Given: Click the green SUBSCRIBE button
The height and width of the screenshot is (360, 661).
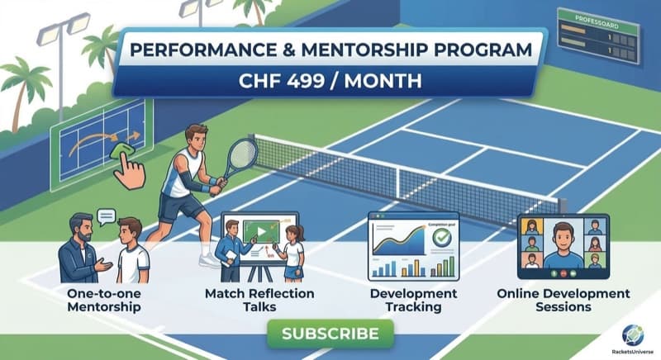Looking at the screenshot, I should click(x=330, y=334).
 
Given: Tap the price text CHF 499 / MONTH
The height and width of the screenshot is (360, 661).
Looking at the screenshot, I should click(x=330, y=83).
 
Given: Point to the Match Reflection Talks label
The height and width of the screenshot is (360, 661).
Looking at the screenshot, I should click(x=248, y=301).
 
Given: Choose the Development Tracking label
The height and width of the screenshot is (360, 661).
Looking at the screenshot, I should click(x=413, y=301).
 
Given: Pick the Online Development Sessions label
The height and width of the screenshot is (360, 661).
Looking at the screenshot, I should click(x=562, y=301).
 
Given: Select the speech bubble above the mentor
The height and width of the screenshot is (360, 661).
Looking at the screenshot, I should click(x=106, y=217).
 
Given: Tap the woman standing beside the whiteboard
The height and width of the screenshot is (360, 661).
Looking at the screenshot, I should click(x=293, y=252).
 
